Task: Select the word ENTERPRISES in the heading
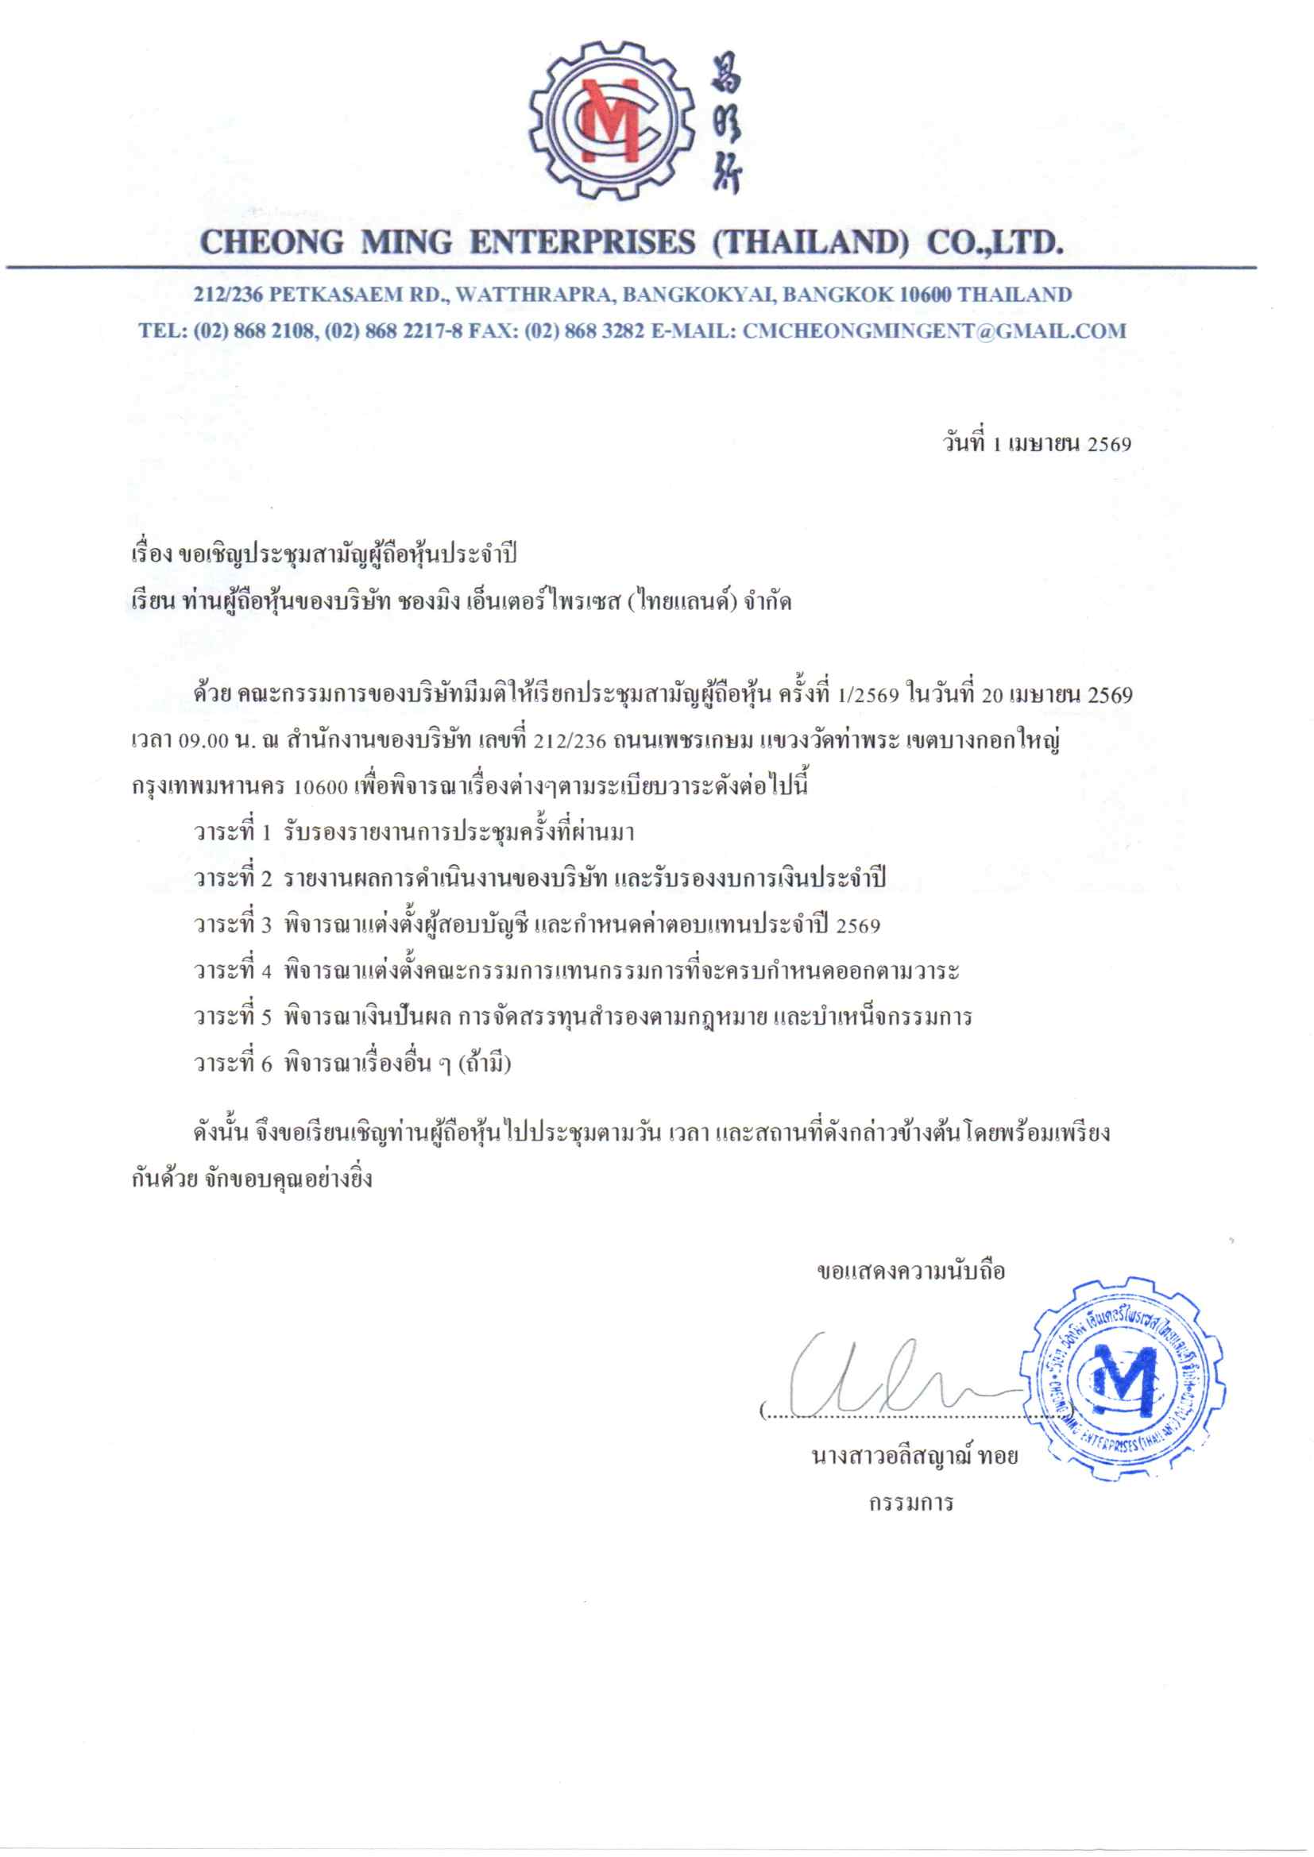[582, 241]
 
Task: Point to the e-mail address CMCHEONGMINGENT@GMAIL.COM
[933, 330]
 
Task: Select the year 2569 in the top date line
[1109, 444]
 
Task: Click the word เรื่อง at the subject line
[151, 556]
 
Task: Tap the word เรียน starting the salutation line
[152, 603]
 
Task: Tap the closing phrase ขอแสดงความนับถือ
[911, 1272]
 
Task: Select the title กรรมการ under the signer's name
[911, 1504]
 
